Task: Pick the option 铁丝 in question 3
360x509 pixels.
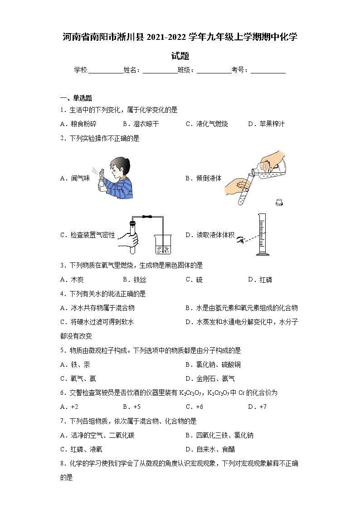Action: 138,280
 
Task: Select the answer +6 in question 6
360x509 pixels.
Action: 199,407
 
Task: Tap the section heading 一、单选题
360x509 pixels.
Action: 76,98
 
